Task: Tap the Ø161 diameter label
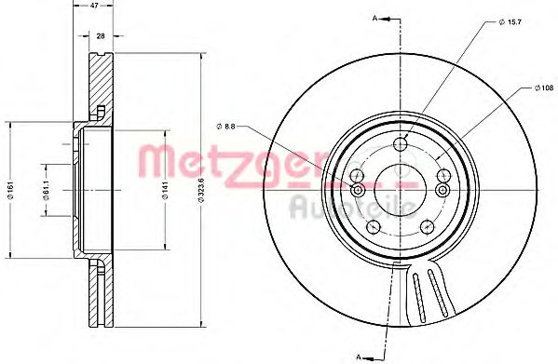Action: point(9,194)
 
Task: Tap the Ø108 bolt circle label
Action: point(542,88)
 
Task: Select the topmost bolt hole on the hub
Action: point(401,144)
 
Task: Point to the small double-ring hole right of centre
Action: point(442,189)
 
